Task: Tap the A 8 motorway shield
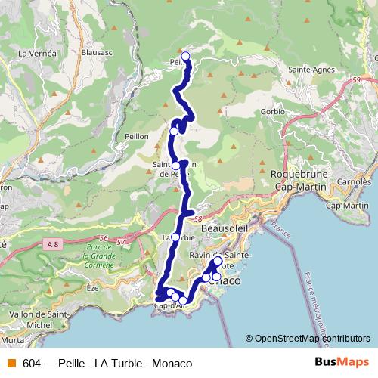point(51,243)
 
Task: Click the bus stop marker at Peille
point(185,55)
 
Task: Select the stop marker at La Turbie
point(175,237)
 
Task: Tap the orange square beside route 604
point(11,363)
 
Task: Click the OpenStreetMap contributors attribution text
point(308,338)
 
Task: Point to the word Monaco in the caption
point(172,363)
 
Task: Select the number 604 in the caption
point(32,363)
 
